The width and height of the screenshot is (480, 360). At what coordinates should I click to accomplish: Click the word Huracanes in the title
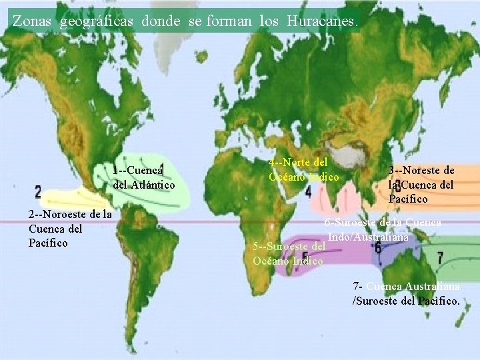click(x=323, y=21)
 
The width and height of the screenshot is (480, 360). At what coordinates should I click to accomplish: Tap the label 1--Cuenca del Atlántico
click(x=144, y=177)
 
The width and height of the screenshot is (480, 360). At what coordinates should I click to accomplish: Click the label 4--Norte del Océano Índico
click(x=303, y=169)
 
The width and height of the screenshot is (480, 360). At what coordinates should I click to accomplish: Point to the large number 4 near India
click(x=308, y=192)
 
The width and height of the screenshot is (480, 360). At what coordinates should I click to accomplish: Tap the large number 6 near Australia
click(x=378, y=247)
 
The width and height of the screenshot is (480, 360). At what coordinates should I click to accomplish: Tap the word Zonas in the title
click(x=33, y=21)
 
